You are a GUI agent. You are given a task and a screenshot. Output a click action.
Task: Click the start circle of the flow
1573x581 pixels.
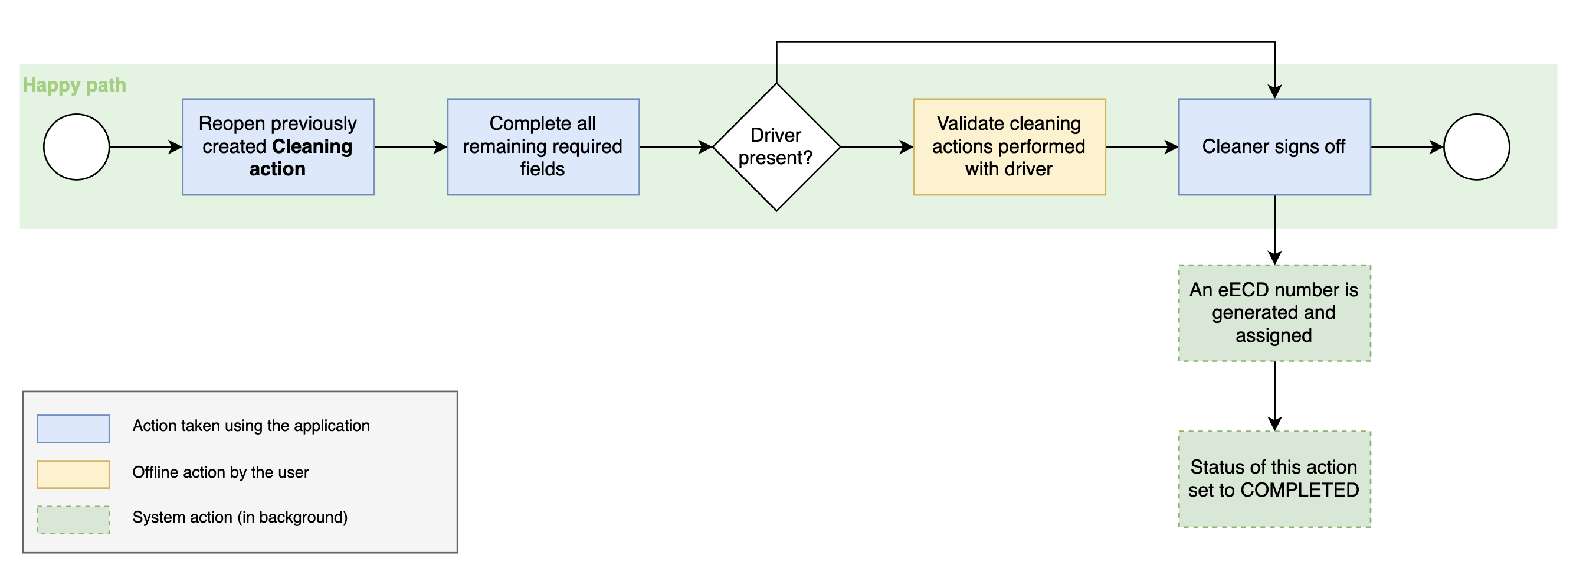coord(76,146)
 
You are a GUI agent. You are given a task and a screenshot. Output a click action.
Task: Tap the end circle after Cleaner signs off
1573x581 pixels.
coord(1476,146)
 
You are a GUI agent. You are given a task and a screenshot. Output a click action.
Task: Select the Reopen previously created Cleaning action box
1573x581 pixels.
coord(278,146)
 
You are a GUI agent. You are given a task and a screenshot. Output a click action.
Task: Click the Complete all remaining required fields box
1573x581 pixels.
coord(543,146)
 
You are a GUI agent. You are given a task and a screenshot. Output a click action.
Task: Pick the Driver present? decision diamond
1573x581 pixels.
coord(776,146)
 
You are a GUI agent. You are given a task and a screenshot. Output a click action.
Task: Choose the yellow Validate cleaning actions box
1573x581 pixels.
coord(1009,146)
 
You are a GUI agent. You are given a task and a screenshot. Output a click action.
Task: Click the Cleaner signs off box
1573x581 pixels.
coord(1274,146)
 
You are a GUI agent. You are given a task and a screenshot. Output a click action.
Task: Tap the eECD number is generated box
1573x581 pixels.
coord(1274,313)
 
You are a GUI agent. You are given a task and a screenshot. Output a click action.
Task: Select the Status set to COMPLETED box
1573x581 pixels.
coord(1274,479)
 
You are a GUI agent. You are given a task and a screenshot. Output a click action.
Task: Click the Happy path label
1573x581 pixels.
coord(74,85)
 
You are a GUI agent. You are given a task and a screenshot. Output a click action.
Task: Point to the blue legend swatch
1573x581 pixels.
coord(73,428)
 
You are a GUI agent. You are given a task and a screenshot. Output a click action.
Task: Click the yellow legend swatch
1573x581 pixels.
coord(73,474)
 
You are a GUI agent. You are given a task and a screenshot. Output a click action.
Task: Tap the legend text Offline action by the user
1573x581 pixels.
coord(221,472)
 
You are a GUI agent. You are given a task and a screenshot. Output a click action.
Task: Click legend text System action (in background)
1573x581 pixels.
coord(240,517)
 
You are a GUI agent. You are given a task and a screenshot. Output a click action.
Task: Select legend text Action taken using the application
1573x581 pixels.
coord(251,426)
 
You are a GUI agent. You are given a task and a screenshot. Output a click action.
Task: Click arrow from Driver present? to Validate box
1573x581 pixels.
coord(876,146)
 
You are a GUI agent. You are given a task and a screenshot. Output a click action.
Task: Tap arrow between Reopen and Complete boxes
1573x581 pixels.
coord(410,146)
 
